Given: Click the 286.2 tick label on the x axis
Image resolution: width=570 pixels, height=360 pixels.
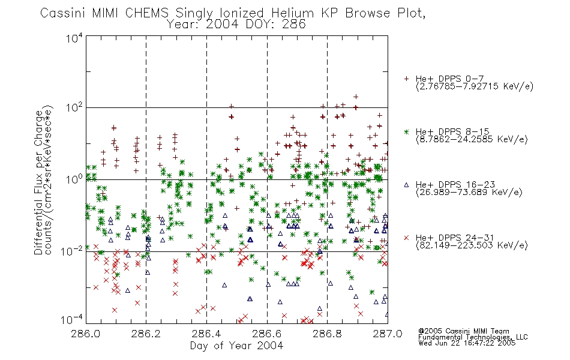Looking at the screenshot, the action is coord(146,334).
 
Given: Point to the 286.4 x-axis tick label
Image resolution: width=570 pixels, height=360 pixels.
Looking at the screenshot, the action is coord(206,334).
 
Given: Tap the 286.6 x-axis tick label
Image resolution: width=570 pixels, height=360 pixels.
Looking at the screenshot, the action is coord(267,334).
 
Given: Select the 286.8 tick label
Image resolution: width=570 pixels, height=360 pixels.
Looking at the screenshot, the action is coord(327,334).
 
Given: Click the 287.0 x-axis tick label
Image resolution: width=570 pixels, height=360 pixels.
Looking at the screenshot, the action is coord(388,334).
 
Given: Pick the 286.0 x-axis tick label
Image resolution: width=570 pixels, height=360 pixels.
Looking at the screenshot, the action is coord(86,334).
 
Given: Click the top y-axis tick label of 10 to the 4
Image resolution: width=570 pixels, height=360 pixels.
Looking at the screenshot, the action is coord(74,38).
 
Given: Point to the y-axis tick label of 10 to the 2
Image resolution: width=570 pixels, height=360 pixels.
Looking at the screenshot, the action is coord(74,108).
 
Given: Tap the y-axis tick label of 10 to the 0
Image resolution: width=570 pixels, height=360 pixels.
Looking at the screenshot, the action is coord(74,179).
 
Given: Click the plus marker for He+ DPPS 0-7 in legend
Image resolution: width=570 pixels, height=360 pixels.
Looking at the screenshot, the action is coord(406,79).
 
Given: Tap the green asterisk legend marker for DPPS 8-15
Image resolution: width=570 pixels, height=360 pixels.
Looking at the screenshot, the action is coord(406,131).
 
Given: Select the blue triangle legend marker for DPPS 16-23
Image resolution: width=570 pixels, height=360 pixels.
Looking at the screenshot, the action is coord(406,185).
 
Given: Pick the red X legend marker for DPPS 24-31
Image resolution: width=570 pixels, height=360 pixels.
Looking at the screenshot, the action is coord(406,238).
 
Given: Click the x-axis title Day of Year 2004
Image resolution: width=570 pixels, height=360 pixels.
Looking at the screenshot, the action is coord(236,346).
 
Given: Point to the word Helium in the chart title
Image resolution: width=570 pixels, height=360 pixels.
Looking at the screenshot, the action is coord(293,13).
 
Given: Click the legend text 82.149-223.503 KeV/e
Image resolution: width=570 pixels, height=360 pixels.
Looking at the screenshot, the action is coord(472,245).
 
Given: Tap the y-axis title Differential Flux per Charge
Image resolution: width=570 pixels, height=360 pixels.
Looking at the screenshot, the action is coord(38,182).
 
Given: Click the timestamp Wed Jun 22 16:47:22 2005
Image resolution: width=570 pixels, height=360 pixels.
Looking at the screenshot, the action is coord(467,343).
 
